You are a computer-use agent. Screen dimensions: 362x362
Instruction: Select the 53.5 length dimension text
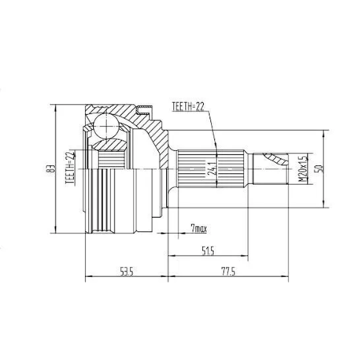127,272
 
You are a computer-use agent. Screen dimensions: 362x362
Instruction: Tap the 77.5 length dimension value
228,272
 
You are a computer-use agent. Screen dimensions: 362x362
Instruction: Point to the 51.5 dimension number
208,251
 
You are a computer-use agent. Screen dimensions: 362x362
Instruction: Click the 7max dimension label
199,229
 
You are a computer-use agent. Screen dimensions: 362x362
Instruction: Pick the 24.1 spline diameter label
212,168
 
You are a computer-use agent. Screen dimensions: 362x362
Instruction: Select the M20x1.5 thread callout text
302,169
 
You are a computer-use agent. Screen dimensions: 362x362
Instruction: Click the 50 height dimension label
320,168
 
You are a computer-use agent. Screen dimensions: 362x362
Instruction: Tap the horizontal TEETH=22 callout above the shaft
188,106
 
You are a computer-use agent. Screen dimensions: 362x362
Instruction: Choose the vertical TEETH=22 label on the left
70,168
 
